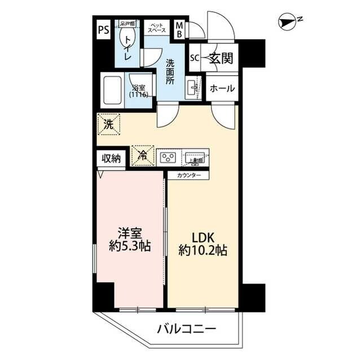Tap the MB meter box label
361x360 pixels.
pos(179,29)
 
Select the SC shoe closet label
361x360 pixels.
pos(195,58)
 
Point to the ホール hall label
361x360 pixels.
pos(222,89)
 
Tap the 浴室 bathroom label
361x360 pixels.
pos(139,91)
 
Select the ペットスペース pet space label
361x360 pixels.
pos(157,29)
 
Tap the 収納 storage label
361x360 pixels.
pos(111,159)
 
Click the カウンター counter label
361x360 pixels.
pos(188,175)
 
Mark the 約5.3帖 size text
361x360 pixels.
pos(130,247)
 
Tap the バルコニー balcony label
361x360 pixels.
pos(186,328)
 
